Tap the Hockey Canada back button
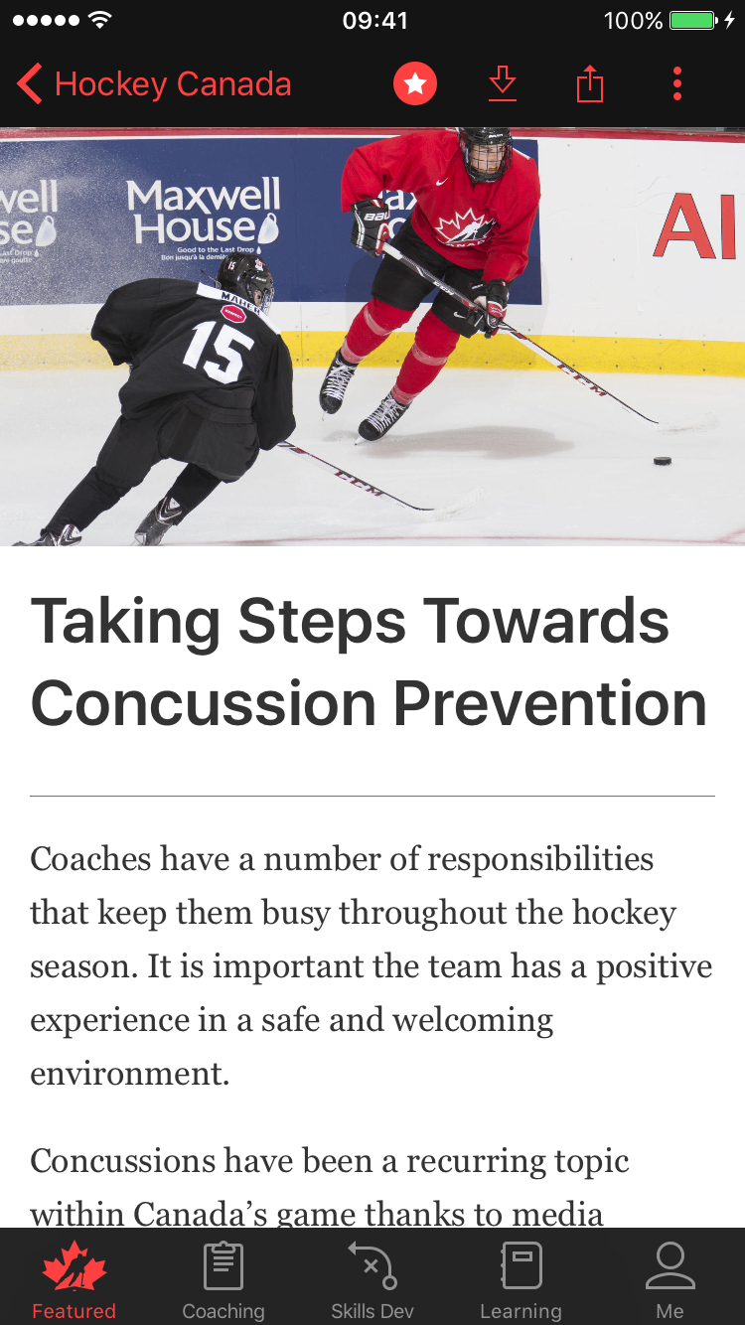[x=154, y=84]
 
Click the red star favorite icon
[x=415, y=84]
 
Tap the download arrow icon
[x=503, y=84]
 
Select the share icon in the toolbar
[x=590, y=84]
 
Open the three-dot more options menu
[x=677, y=84]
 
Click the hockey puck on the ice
[x=662, y=461]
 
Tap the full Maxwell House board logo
[x=205, y=217]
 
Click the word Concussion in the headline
[x=204, y=703]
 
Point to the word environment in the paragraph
[x=129, y=1074]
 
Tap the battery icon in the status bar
[x=693, y=21]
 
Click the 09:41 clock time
[x=374, y=21]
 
